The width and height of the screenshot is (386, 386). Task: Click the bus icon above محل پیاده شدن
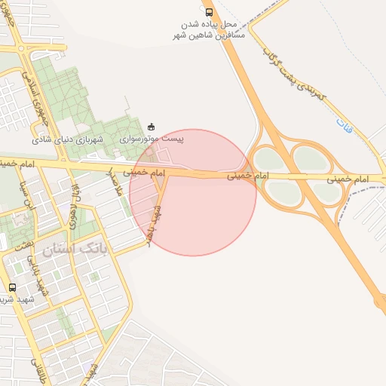pyautogui.click(x=209, y=12)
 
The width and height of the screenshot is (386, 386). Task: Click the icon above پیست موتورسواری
pyautogui.click(x=152, y=126)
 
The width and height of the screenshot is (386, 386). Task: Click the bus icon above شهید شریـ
pyautogui.click(x=12, y=287)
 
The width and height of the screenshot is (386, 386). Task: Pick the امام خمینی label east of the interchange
pyautogui.click(x=348, y=179)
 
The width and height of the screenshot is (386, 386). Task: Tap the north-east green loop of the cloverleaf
pyautogui.click(x=309, y=158)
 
